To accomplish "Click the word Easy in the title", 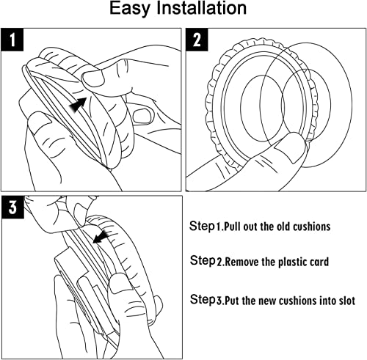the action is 129,9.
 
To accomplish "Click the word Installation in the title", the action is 201,8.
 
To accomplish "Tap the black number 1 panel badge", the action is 12,40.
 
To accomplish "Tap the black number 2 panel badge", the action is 197,40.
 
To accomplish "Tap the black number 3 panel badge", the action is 12,207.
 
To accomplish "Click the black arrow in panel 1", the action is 78,104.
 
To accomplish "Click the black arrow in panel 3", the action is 101,236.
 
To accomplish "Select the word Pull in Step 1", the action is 233,227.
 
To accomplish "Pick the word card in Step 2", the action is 319,262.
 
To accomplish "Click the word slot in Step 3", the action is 346,301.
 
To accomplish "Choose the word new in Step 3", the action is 268,301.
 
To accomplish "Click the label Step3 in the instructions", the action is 206,300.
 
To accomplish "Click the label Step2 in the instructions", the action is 206,261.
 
